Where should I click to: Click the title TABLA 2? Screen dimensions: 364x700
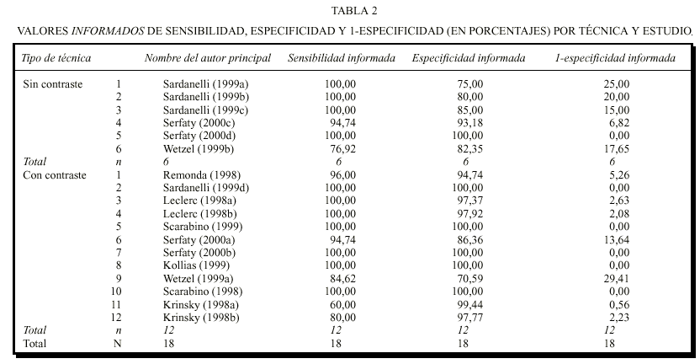tap(353, 11)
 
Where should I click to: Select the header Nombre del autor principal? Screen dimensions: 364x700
tap(208, 58)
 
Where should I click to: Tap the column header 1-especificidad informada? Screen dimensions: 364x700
tap(615, 58)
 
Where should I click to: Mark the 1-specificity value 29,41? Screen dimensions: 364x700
tap(615, 277)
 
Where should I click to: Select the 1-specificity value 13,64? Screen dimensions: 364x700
tap(615, 238)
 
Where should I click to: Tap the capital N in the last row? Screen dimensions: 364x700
tap(119, 343)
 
